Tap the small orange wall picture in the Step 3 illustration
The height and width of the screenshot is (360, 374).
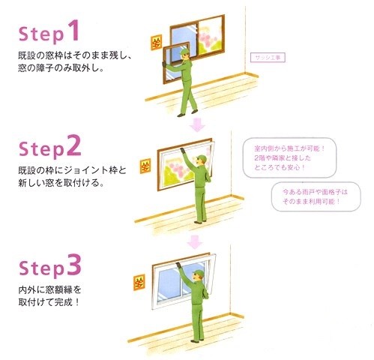(x=137, y=283)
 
